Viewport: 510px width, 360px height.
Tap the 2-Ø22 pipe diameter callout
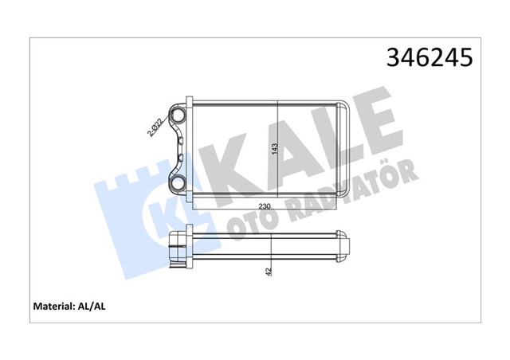156,127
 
